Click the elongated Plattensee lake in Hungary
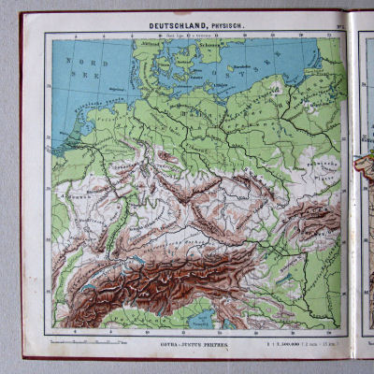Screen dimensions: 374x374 (323, 271)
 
